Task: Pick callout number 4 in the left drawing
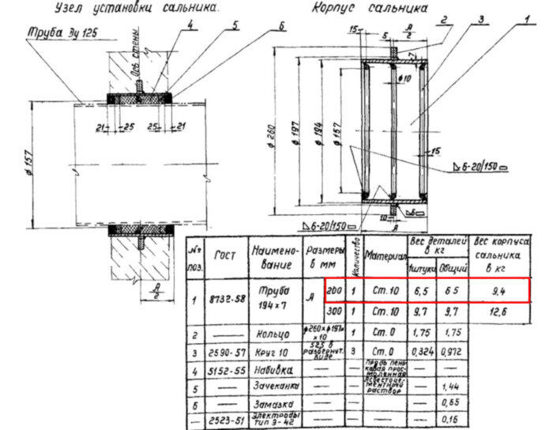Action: tap(190, 24)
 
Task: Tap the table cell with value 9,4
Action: tap(497, 291)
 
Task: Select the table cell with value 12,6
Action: tap(497, 314)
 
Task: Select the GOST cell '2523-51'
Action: tap(227, 421)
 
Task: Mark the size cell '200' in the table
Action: tap(333, 290)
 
